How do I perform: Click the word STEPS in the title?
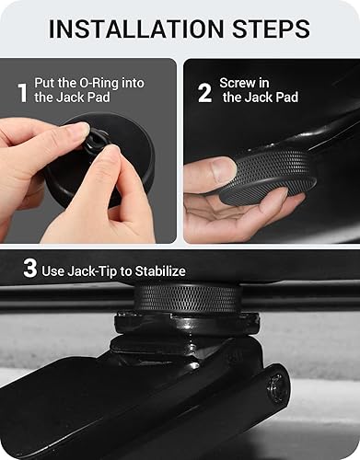click(x=271, y=29)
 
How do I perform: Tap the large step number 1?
click(x=21, y=92)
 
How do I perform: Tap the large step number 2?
click(x=204, y=92)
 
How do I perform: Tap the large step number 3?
click(x=29, y=270)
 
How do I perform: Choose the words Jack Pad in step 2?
click(x=273, y=98)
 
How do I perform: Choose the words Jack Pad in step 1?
click(x=82, y=98)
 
